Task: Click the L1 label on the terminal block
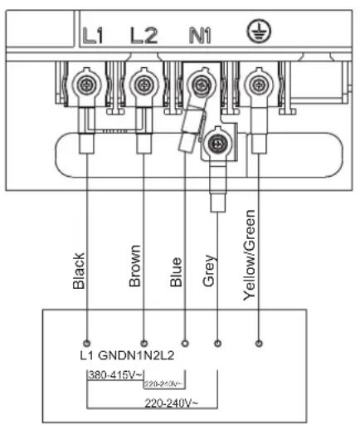[x=93, y=35]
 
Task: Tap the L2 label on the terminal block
[x=144, y=35]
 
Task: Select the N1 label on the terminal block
[x=200, y=36]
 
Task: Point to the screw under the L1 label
[x=86, y=85]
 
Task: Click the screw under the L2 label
[x=144, y=85]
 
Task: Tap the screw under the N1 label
[x=201, y=85]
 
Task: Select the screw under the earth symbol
[x=259, y=85]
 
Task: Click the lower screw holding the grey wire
[x=218, y=144]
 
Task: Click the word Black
[x=79, y=271]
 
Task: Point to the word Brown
[x=135, y=266]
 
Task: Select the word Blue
[x=176, y=272]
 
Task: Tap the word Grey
[x=208, y=271]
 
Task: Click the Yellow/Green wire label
[x=249, y=255]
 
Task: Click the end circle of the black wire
[x=87, y=344]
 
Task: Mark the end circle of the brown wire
[x=144, y=344]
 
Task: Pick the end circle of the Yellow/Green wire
[x=259, y=344]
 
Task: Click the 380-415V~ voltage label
[x=115, y=375]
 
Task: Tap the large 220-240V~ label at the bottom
[x=171, y=403]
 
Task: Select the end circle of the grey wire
[x=218, y=344]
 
